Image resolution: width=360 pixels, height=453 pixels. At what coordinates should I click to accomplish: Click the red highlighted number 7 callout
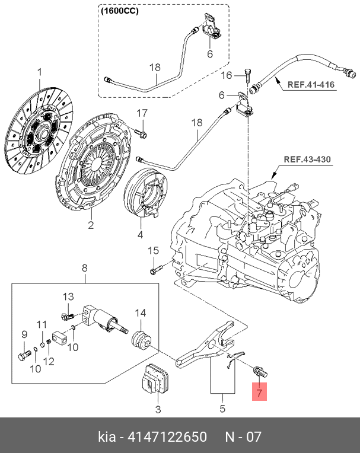[x=259, y=392]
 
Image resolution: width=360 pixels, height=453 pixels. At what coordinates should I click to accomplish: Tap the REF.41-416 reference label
[x=311, y=85]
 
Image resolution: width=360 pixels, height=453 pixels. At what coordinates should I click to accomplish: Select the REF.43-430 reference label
[x=307, y=159]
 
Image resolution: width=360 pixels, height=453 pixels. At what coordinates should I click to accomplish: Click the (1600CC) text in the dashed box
[x=119, y=11]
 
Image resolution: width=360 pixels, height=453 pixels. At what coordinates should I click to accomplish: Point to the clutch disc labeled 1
[x=39, y=131]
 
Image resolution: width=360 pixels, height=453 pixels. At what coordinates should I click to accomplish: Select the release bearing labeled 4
[x=145, y=193]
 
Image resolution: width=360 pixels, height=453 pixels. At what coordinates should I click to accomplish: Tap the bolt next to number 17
[x=141, y=133]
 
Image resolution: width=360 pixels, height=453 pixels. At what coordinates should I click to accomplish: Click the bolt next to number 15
[x=157, y=269]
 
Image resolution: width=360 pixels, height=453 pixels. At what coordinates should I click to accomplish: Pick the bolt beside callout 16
[x=247, y=75]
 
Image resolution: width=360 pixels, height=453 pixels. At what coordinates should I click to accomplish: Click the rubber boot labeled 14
[x=142, y=340]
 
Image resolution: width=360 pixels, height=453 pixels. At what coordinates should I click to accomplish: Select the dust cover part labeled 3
[x=156, y=378]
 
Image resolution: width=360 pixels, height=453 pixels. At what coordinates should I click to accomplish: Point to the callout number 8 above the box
[x=84, y=268]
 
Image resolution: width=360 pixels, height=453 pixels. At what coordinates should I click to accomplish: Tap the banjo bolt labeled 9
[x=24, y=355]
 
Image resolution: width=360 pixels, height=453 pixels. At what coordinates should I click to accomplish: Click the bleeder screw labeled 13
[x=68, y=317]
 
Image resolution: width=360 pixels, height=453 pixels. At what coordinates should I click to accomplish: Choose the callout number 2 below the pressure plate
[x=91, y=225]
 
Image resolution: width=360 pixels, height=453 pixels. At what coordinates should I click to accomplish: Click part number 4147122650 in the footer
[x=167, y=436]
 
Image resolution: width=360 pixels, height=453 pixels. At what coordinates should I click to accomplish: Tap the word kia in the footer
[x=107, y=436]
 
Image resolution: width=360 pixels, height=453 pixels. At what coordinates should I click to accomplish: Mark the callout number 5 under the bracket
[x=222, y=409]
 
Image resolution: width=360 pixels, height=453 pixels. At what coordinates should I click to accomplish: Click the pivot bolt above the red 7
[x=260, y=371]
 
